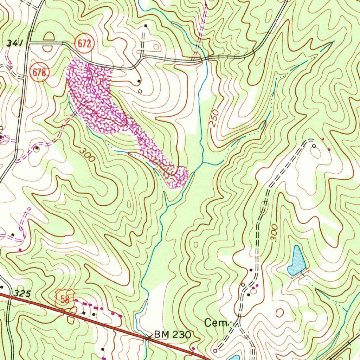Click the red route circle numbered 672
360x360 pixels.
[85, 44]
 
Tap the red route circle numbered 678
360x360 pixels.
[39, 73]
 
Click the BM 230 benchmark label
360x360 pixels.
[172, 335]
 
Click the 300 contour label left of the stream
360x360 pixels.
[87, 155]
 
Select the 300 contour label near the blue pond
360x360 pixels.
[274, 232]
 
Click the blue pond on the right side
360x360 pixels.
[296, 261]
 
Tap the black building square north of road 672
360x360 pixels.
[146, 26]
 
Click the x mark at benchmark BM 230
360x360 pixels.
[148, 337]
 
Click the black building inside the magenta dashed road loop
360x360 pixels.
[37, 148]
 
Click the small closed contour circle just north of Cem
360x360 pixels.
[279, 312]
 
